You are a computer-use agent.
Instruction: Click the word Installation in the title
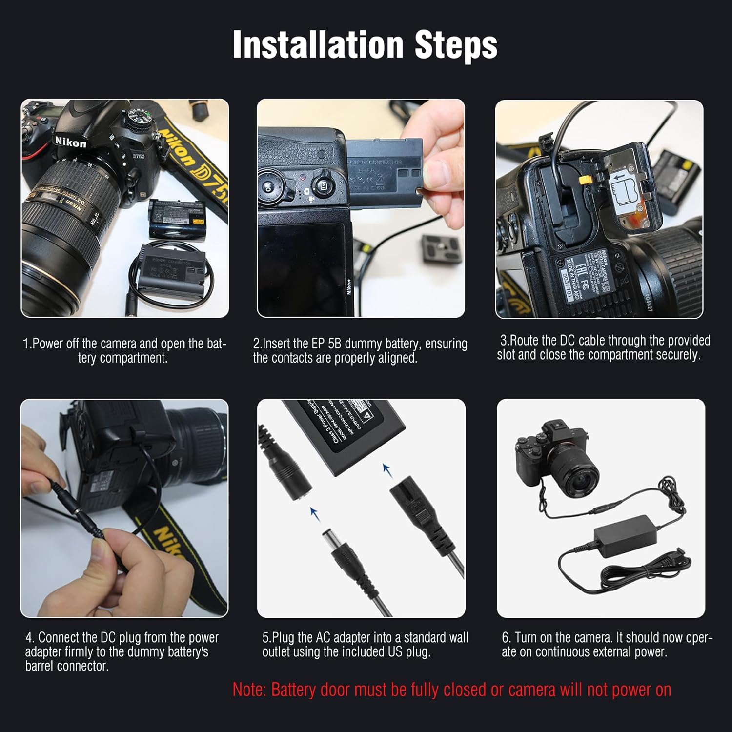coord(318,45)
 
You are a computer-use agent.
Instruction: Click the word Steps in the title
coord(456,45)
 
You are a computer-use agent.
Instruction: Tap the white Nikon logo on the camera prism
coord(70,142)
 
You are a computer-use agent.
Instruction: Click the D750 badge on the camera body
coord(139,156)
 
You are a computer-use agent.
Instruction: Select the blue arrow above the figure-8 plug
coord(387,470)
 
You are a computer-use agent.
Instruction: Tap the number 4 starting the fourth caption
coord(29,638)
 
